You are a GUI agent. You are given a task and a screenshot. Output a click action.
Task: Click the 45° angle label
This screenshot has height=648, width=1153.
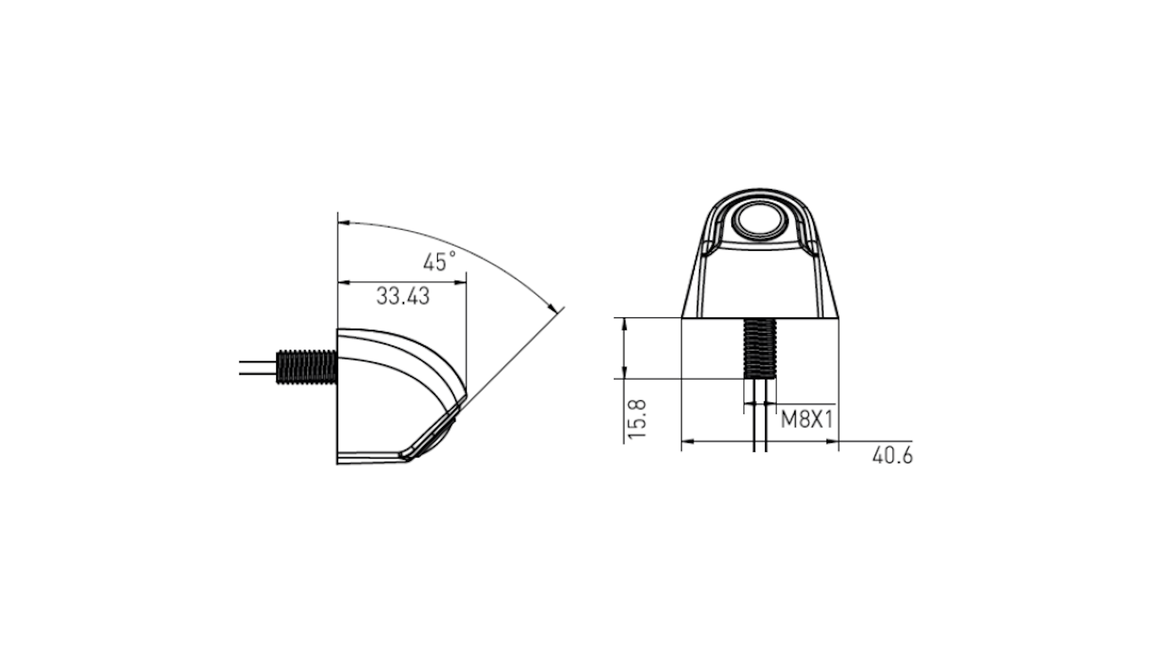coord(439,262)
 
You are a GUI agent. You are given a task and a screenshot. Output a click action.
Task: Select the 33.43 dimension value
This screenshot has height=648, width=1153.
coord(403,296)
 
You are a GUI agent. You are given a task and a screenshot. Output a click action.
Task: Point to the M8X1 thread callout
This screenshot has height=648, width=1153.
coord(806,419)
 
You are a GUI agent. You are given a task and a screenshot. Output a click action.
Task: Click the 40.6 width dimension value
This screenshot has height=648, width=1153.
coord(892,456)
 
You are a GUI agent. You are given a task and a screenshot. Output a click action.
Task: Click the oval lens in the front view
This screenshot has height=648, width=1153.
coord(760,220)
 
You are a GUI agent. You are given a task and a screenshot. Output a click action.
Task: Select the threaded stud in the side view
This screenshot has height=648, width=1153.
coord(307,367)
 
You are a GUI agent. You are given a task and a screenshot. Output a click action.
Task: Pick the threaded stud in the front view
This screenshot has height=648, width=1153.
coord(760,348)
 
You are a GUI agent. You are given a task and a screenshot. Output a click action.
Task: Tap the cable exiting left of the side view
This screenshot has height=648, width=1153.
coord(258,368)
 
